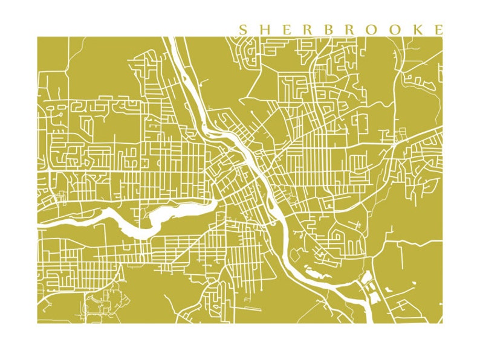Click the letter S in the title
(243, 30)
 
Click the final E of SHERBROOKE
(438, 30)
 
